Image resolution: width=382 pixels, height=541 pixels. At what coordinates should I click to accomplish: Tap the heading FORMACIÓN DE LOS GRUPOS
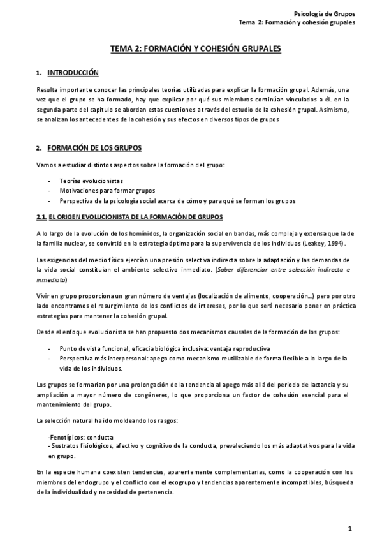pos(90,148)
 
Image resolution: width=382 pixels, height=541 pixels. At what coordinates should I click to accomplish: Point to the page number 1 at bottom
pos(350,528)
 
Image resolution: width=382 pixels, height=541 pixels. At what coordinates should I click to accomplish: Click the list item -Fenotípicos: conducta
pos(81,437)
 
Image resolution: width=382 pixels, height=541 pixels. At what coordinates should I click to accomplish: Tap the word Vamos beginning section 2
pos(47,166)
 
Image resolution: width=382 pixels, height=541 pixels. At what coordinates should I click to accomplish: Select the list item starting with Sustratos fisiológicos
pos(191,446)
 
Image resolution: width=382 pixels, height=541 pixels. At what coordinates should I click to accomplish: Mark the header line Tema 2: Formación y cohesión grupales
pos(297,22)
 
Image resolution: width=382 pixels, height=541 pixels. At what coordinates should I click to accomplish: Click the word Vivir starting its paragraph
pos(45,296)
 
